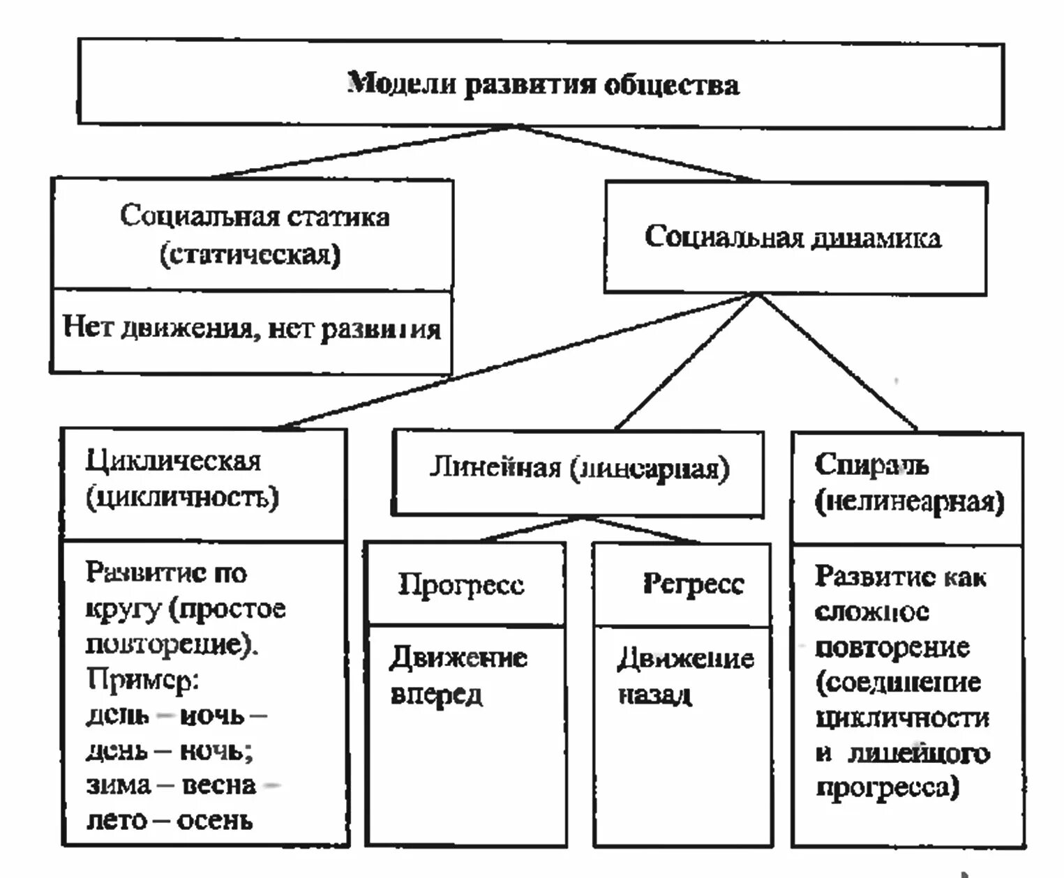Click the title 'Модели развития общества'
tap(543, 84)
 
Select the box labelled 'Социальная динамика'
tap(794, 237)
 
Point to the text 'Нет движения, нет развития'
tap(252, 328)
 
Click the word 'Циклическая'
tap(173, 461)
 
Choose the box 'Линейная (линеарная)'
tap(578, 469)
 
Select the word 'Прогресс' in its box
tap(460, 584)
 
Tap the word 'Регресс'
tap(693, 584)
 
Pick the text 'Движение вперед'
tap(457, 675)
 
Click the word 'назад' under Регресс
tap(654, 695)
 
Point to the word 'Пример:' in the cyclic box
tap(142, 679)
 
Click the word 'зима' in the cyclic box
tap(118, 785)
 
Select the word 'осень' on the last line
tap(214, 821)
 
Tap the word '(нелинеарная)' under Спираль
tap(909, 502)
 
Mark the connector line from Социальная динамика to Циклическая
tap(516, 360)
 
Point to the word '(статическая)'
tap(250, 255)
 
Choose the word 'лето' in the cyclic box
tap(117, 821)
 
